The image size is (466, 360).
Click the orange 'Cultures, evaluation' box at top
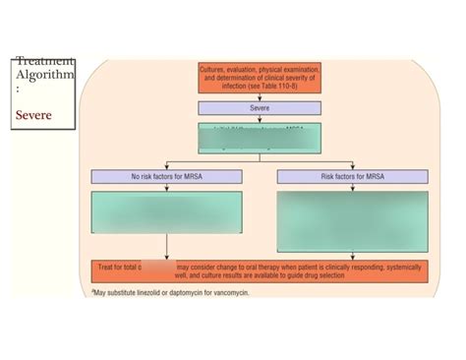[259, 78]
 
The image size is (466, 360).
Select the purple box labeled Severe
[259, 108]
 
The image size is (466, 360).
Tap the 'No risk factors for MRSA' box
[166, 176]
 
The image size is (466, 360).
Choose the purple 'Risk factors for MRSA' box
[352, 176]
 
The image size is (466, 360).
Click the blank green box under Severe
[259, 137]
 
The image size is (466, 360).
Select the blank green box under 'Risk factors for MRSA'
[352, 220]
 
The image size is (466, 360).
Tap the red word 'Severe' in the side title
[32, 115]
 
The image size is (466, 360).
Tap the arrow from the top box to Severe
[259, 96]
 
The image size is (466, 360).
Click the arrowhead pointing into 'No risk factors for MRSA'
[166, 167]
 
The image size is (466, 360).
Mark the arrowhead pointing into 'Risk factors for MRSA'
[352, 167]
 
